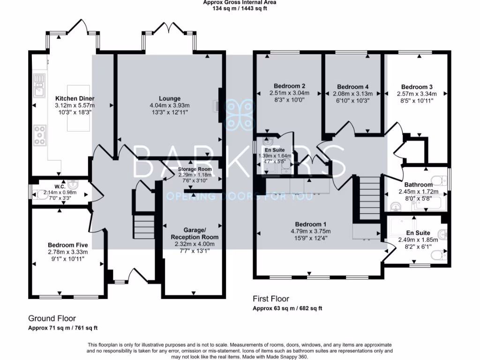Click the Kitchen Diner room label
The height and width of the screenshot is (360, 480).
click(x=75, y=98)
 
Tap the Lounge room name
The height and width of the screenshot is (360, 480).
click(x=170, y=98)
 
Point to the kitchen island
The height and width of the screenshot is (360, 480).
click(x=78, y=108)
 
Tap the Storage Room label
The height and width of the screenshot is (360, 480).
click(x=195, y=169)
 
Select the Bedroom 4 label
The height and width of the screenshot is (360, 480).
click(x=352, y=87)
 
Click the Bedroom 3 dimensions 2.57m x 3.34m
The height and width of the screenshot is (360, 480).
click(x=417, y=93)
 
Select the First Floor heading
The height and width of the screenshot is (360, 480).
click(x=271, y=299)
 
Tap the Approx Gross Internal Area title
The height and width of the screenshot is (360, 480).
click(x=240, y=2)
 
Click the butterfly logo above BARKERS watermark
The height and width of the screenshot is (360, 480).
click(x=240, y=113)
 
